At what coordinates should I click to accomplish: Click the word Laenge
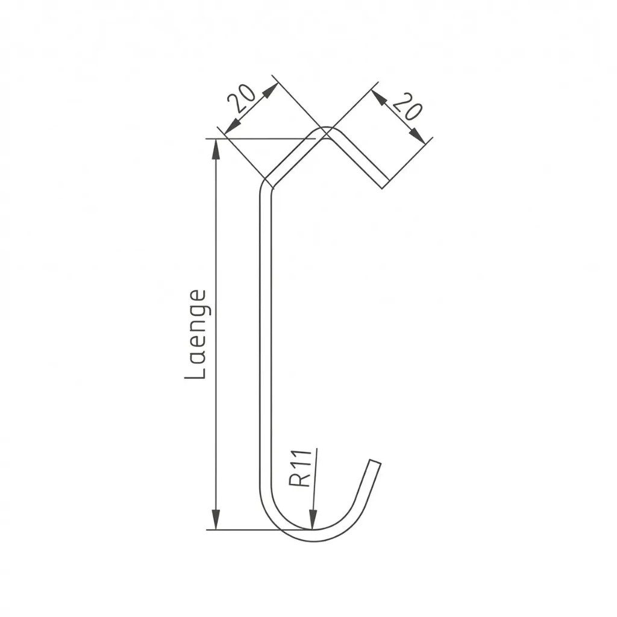click(196, 334)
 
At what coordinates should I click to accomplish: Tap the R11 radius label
click(300, 468)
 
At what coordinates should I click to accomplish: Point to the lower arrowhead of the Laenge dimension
click(216, 519)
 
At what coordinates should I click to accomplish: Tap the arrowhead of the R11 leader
click(313, 519)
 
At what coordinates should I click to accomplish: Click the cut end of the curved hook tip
click(375, 463)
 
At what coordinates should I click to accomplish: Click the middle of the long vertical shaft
click(265, 337)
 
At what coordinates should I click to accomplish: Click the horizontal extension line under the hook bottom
click(241, 530)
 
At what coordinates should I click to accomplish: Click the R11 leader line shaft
click(315, 482)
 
